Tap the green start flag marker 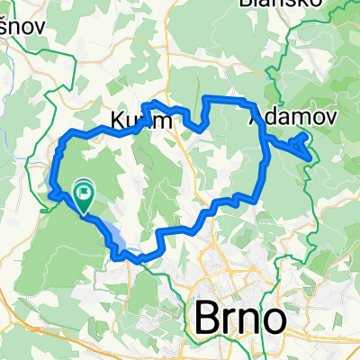85,192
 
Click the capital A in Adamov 254,117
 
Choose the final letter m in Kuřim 158,121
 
